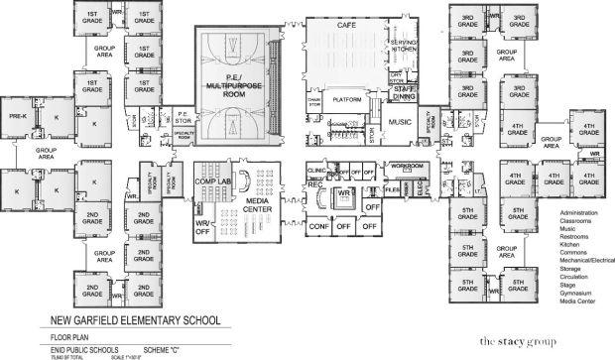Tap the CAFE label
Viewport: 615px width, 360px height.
click(346, 24)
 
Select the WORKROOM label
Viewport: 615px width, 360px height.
click(407, 165)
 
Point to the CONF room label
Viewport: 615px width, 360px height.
click(319, 224)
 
